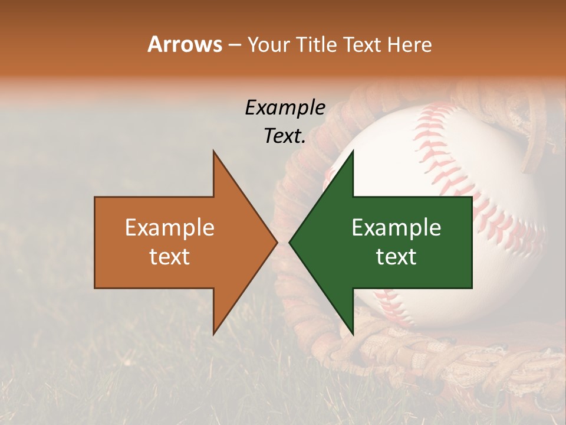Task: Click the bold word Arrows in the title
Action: pyautogui.click(x=185, y=44)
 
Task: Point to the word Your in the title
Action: pyautogui.click(x=269, y=45)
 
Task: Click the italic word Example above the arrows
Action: pyautogui.click(x=285, y=108)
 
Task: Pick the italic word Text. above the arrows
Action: pyautogui.click(x=285, y=136)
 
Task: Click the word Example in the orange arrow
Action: pyautogui.click(x=170, y=228)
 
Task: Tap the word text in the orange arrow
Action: pyautogui.click(x=170, y=256)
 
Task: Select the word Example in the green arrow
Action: pyautogui.click(x=396, y=228)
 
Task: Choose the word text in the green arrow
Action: pyautogui.click(x=396, y=256)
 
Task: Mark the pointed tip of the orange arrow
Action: pyautogui.click(x=277, y=243)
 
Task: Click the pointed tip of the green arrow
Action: pyautogui.click(x=289, y=243)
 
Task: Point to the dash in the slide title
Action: pyautogui.click(x=234, y=45)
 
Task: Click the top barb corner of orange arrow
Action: pyautogui.click(x=213, y=151)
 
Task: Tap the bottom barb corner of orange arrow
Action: pyautogui.click(x=213, y=334)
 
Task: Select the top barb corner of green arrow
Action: pyautogui.click(x=353, y=151)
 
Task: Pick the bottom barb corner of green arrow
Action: pyautogui.click(x=353, y=334)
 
